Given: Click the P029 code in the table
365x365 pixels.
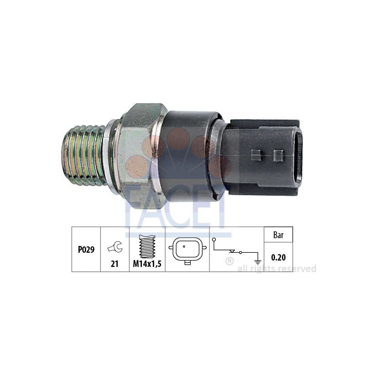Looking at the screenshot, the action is pos(86,250).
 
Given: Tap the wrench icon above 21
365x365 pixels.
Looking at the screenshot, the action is pos(115,247).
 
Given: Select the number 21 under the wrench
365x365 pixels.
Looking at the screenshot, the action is pos(115,264).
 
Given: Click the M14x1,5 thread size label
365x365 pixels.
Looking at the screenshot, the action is pos(147,264).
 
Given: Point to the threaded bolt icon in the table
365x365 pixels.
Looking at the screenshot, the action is pos(147,246).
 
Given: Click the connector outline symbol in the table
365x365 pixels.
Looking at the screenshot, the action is pos(188,250).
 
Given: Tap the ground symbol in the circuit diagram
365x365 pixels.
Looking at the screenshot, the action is pos(258,262).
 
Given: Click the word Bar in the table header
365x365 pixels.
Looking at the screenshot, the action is pos(278,235).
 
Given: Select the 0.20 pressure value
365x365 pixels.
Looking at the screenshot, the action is pos(278,257).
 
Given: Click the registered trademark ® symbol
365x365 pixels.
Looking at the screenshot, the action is pos(229,261).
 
